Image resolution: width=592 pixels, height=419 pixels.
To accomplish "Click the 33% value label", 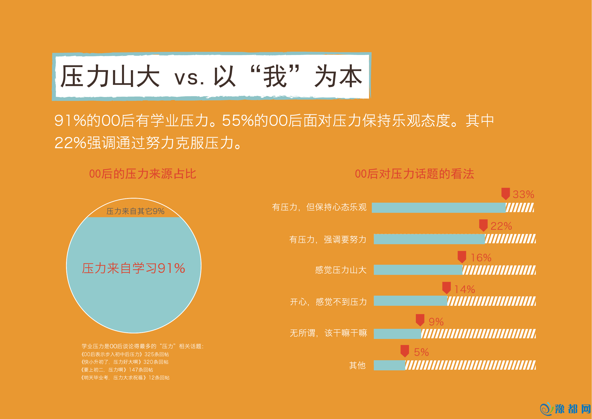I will point(523,195).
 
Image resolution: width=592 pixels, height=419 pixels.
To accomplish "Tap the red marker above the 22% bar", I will point(483,225).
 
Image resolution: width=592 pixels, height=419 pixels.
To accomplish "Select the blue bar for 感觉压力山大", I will point(418,270).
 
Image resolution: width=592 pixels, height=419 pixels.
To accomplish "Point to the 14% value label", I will point(465,290).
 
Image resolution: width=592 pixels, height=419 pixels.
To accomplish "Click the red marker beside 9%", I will point(420,320).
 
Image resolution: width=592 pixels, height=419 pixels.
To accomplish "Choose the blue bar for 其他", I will point(389,365).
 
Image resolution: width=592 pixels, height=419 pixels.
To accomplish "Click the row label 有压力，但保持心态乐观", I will point(319,207).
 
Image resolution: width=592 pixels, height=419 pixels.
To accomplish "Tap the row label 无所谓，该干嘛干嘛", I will point(328,333).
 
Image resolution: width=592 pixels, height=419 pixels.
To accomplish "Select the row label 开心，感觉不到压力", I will point(328,302).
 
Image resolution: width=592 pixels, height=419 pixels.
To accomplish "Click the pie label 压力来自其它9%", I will point(135,211).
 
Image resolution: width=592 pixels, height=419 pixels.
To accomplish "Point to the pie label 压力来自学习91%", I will point(134,268).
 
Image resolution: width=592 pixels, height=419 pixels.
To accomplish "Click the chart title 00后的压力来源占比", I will point(142,174).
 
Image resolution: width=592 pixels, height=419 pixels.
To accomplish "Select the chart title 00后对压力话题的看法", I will point(414,174).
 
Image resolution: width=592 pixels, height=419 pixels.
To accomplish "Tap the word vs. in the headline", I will point(190,78).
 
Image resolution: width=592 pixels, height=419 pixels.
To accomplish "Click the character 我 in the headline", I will point(275,76).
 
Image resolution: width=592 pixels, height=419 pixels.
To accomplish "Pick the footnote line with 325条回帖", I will point(125,354).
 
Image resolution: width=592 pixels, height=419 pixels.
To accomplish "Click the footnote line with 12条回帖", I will point(125,378).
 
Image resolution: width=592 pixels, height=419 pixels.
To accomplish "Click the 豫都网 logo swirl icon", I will point(546,409).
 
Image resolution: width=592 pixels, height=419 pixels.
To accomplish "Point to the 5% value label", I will point(421,352).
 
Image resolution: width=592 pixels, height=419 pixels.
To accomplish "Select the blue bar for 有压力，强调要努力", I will point(429,239).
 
